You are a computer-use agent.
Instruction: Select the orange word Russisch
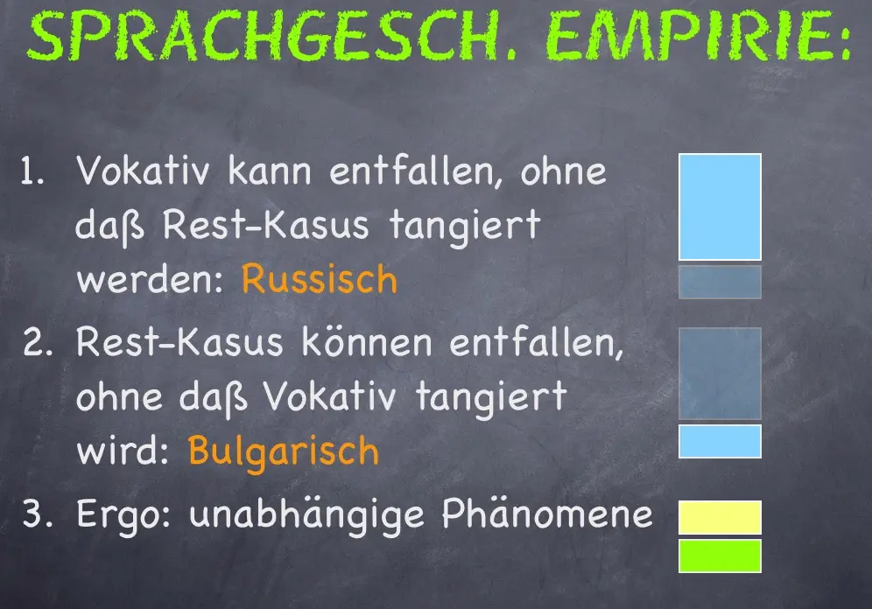(320, 278)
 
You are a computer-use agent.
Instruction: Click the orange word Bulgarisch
(284, 450)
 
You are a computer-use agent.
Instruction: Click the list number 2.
(38, 342)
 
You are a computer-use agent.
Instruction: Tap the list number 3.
(38, 513)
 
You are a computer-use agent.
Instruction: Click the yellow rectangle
(721, 517)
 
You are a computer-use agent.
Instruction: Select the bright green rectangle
(721, 556)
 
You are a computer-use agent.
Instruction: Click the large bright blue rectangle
(721, 206)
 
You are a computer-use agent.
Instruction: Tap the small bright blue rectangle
(721, 442)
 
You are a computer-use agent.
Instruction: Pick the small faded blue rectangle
(721, 283)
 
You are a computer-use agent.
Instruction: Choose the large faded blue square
(721, 374)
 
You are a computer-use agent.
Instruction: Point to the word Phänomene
(547, 514)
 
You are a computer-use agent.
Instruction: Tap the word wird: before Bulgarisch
(123, 451)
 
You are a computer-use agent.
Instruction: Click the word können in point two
(367, 341)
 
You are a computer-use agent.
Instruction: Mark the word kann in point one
(270, 171)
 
